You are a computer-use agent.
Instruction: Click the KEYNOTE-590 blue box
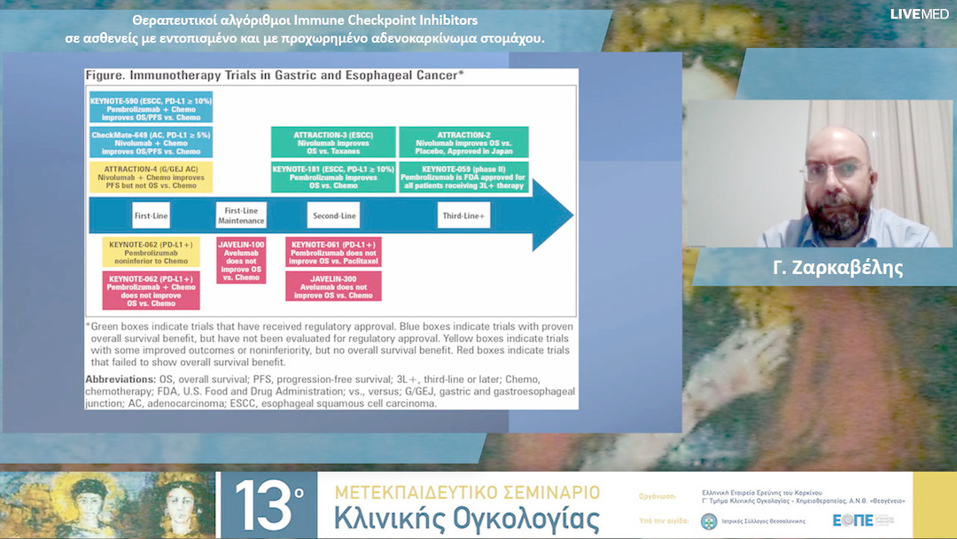[x=151, y=107]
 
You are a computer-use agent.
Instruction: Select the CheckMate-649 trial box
[x=151, y=143]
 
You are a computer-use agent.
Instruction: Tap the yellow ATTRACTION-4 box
[x=151, y=177]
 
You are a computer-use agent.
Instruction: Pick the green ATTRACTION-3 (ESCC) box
[x=333, y=143]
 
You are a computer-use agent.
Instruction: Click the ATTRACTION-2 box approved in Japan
[x=463, y=143]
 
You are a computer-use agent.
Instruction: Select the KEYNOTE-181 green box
[x=333, y=177]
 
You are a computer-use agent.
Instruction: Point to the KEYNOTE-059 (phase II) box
[x=463, y=177]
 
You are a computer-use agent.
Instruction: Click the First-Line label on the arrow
[x=151, y=215]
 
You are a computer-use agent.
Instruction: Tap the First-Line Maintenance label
[x=241, y=215]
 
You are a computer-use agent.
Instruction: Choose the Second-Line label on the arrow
[x=333, y=215]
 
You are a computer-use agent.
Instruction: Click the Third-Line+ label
[x=463, y=215]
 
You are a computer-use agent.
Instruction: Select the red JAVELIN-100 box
[x=241, y=260]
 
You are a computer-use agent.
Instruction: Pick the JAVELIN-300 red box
[x=333, y=285]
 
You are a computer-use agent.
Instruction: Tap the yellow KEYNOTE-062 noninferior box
[x=151, y=251]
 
